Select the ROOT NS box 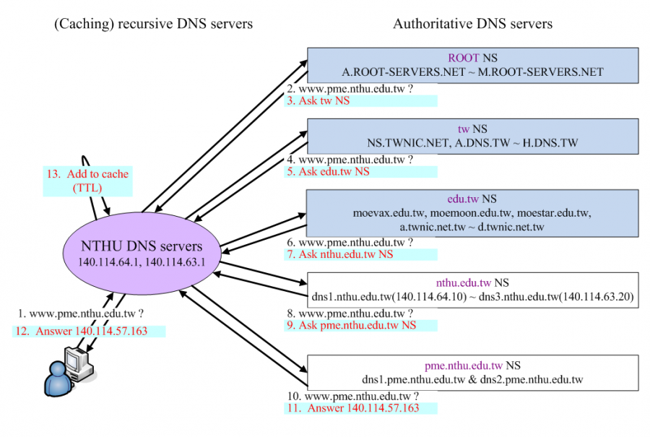(x=472, y=65)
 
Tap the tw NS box (x=472, y=136)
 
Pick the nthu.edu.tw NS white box (x=472, y=290)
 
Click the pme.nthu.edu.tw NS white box (x=472, y=372)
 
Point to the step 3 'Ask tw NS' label (x=318, y=100)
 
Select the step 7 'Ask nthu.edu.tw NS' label (x=340, y=254)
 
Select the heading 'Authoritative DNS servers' (x=472, y=24)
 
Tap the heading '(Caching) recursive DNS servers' (x=153, y=24)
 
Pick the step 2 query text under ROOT (x=351, y=89)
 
